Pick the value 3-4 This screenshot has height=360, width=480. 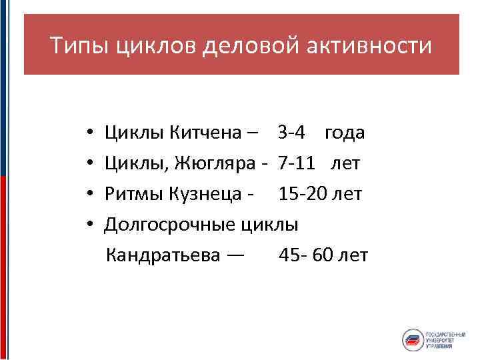point(292,133)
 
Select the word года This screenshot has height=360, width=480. point(345,133)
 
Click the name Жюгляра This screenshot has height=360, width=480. point(217,163)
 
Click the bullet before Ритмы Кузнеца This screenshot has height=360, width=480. point(89,194)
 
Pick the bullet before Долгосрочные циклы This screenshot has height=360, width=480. point(89,225)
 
